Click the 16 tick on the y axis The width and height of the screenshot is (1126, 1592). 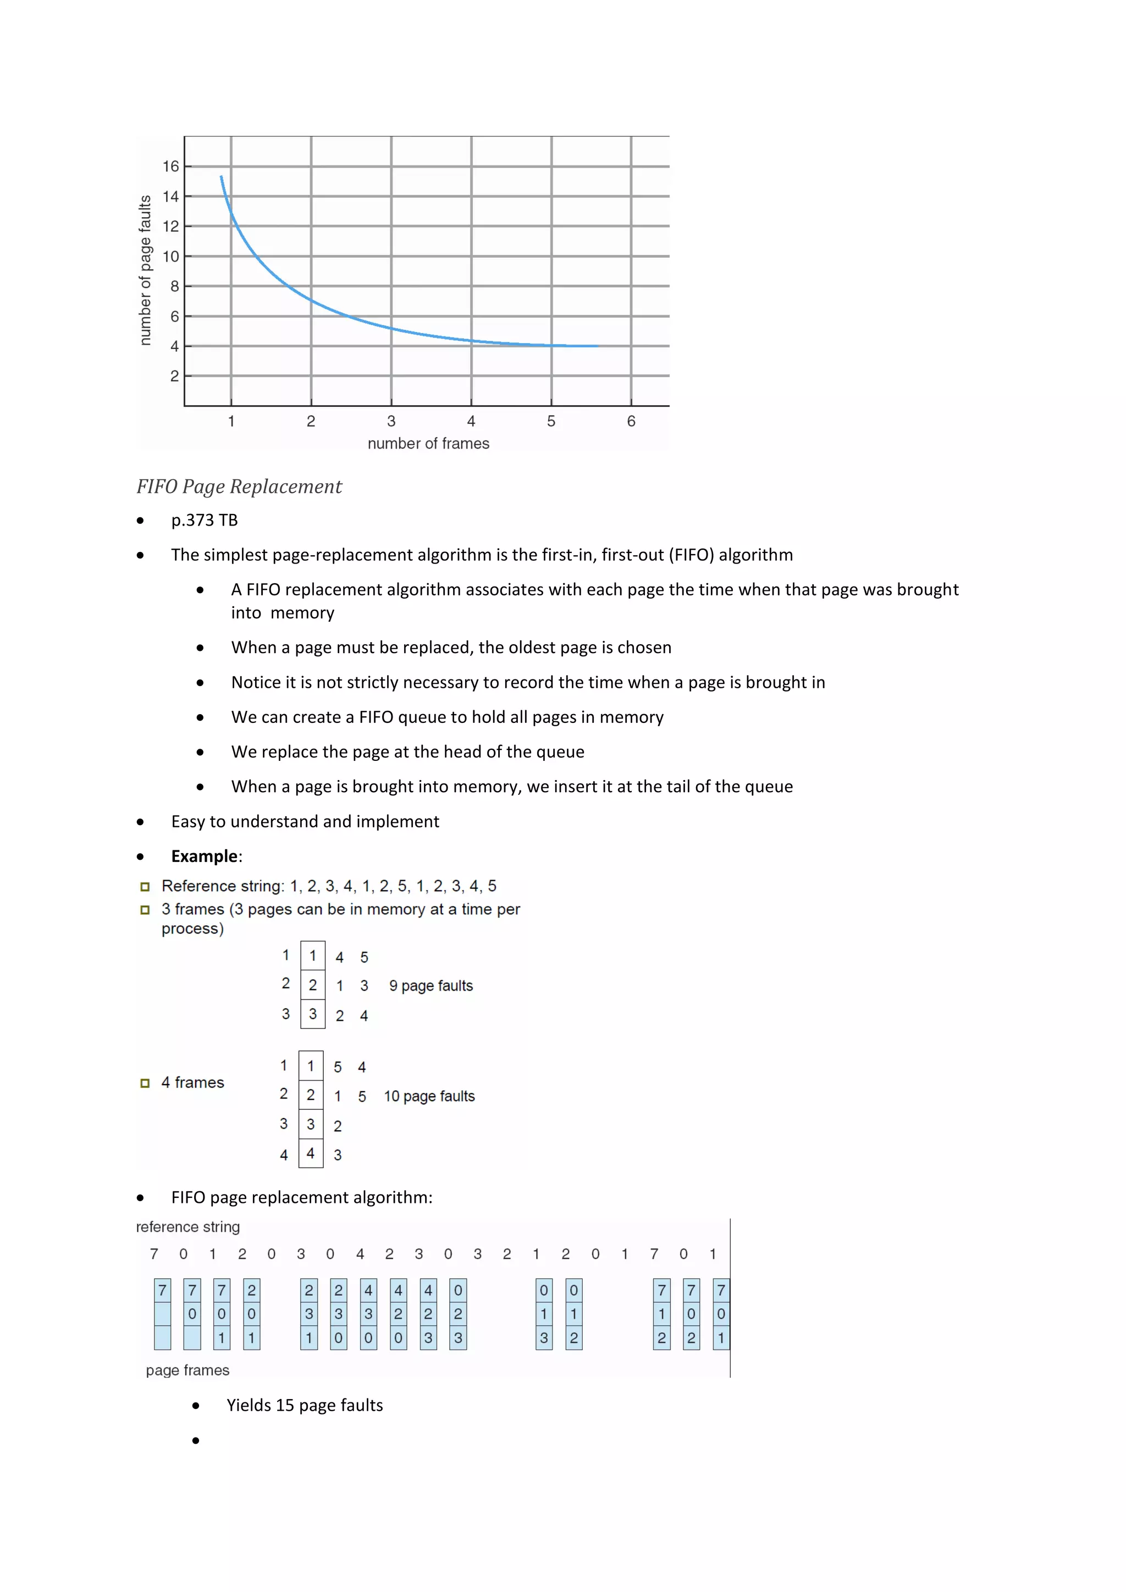[x=170, y=167]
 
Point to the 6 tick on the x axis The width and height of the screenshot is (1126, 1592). [x=631, y=421]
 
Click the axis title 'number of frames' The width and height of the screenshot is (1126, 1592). [x=428, y=444]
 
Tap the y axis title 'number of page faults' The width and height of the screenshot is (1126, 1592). [x=145, y=270]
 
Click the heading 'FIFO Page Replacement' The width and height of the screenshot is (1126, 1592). [x=239, y=487]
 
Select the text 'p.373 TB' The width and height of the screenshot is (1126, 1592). [x=205, y=520]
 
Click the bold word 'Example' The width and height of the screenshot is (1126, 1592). [x=205, y=856]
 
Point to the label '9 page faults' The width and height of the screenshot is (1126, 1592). [x=430, y=986]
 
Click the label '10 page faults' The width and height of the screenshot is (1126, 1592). [x=429, y=1096]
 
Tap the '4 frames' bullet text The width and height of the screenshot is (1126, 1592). [x=193, y=1082]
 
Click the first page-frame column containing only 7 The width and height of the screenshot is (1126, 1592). [x=162, y=1313]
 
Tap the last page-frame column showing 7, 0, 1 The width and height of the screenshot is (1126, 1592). [x=721, y=1313]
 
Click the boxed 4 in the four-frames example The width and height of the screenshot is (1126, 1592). [x=311, y=1153]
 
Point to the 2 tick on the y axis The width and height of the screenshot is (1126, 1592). [x=175, y=376]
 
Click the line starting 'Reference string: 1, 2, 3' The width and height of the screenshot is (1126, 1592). [x=329, y=886]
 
